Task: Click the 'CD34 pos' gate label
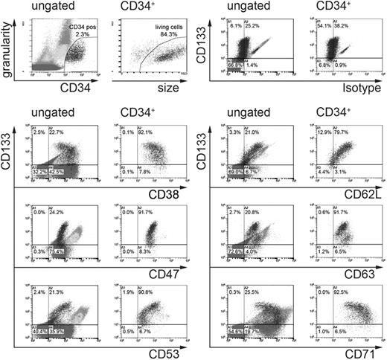coord(83,28)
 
